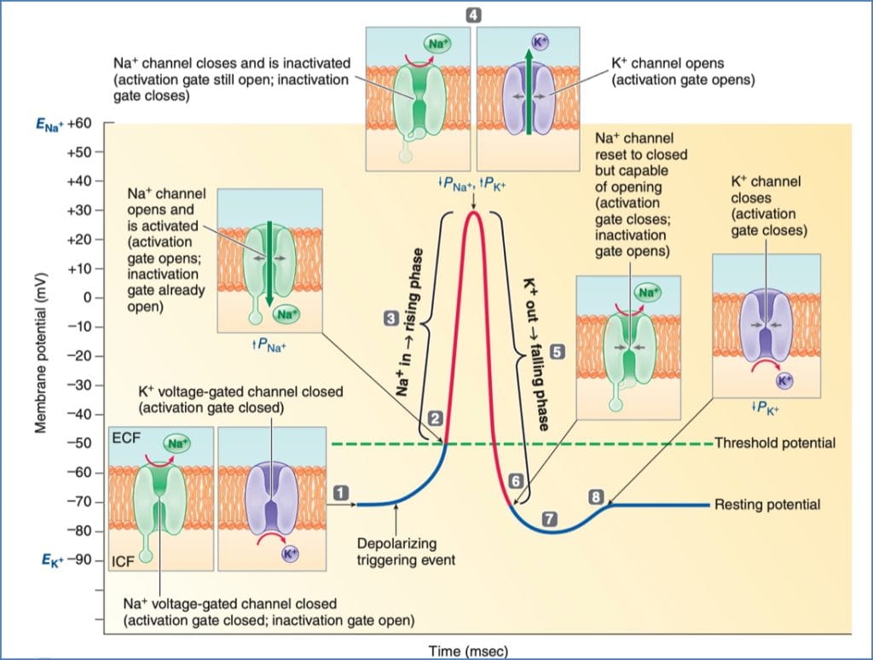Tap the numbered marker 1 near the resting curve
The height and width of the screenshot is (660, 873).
341,492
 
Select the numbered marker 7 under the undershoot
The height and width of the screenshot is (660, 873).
549,518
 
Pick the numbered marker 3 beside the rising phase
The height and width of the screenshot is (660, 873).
390,318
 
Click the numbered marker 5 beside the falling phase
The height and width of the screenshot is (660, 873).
557,350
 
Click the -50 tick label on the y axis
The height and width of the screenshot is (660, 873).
81,443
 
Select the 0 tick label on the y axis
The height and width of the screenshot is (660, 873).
86,298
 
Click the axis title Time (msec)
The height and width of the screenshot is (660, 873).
468,651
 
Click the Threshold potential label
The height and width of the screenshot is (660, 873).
774,443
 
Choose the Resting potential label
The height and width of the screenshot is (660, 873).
767,505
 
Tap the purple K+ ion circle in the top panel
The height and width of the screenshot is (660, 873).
540,41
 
